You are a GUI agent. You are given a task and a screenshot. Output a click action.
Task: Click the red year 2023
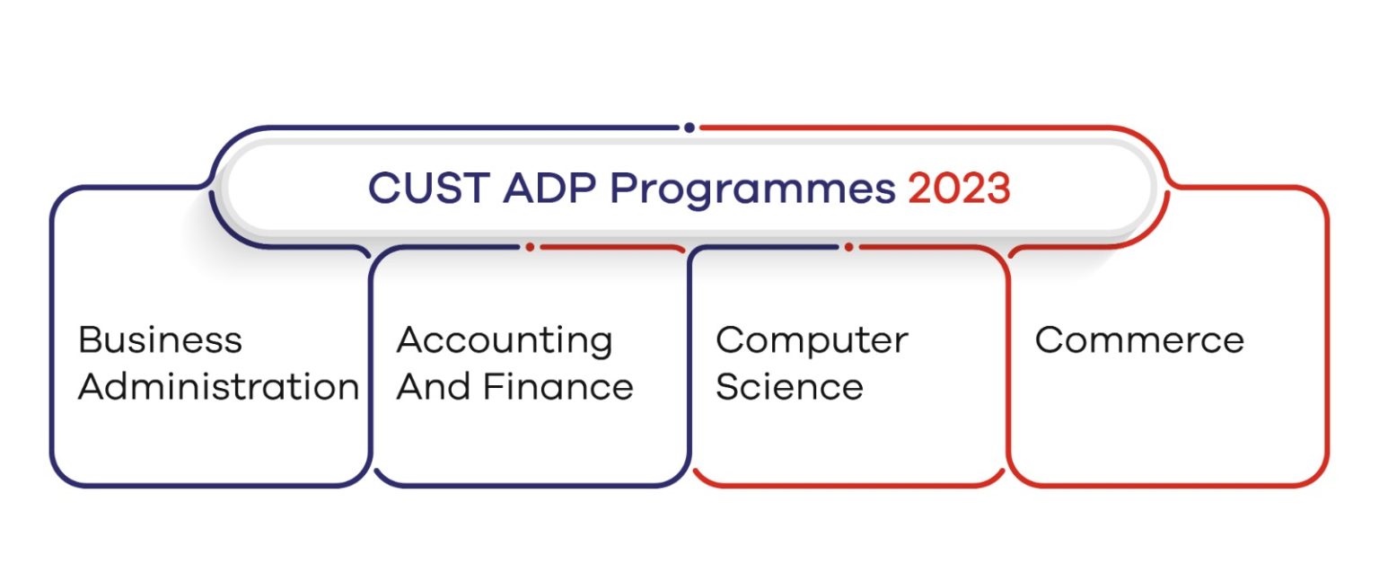pos(959,189)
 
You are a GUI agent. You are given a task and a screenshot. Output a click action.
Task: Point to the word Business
pos(160,340)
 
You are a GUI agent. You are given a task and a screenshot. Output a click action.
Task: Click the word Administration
pos(218,387)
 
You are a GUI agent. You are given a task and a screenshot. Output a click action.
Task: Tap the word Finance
pos(558,387)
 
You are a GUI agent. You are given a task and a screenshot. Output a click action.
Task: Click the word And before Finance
pos(433,387)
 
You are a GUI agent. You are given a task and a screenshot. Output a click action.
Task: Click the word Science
pos(789,387)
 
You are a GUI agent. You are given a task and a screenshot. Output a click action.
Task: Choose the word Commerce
pos(1138,340)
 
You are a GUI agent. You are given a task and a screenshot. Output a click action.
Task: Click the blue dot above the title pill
pos(689,128)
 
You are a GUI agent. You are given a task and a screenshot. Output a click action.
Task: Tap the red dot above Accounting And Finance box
pos(530,246)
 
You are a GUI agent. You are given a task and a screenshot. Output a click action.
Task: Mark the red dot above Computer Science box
pos(848,246)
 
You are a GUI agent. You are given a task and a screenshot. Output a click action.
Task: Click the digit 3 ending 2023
pos(997,189)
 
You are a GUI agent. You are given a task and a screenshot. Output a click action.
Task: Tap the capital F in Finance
pos(494,387)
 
